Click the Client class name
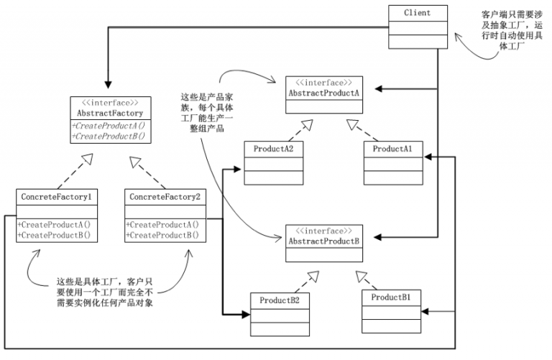417,13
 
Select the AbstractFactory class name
110,114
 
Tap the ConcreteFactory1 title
56,197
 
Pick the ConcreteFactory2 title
165,197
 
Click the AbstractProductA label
324,93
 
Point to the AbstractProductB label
324,241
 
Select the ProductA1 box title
392,149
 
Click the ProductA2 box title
273,149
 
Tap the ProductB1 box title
391,297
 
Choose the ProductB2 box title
280,300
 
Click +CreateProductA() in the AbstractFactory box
109,126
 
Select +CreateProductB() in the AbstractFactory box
109,137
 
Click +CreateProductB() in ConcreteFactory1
54,235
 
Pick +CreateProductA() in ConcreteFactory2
162,224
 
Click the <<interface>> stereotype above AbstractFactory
110,103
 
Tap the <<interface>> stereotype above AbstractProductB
324,231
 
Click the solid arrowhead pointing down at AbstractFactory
108,85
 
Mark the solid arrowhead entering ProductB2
246,314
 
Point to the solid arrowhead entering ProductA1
428,157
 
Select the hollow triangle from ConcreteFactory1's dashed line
87,159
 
